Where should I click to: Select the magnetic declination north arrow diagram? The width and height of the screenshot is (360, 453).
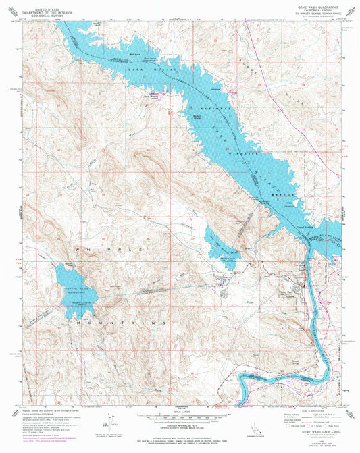tap(108, 425)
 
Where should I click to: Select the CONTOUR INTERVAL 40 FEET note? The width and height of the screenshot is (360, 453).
tap(179, 425)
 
